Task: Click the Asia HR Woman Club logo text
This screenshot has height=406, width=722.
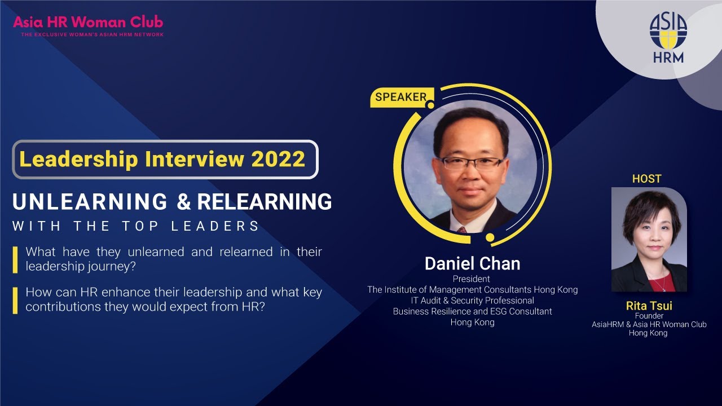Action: click(88, 23)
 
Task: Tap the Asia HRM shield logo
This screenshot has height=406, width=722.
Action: click(668, 33)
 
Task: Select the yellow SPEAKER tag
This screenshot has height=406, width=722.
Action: click(401, 97)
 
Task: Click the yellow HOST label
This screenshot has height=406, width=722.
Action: click(646, 179)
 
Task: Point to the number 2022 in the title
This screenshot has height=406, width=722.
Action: click(278, 159)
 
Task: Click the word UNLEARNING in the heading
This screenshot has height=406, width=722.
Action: click(90, 202)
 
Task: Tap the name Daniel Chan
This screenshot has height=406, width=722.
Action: click(472, 263)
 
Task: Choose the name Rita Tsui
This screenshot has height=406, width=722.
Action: click(649, 306)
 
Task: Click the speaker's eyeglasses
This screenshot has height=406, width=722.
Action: click(471, 163)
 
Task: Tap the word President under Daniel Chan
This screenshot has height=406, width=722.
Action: click(472, 279)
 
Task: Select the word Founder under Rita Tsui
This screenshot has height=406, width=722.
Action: click(649, 316)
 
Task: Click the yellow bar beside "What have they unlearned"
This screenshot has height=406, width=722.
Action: click(15, 259)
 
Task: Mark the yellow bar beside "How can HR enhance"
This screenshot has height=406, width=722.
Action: click(15, 301)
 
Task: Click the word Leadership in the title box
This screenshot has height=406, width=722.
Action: click(79, 159)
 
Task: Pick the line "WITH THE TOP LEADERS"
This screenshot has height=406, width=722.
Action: click(136, 226)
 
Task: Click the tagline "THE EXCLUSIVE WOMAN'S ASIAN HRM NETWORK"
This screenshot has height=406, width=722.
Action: click(92, 35)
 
